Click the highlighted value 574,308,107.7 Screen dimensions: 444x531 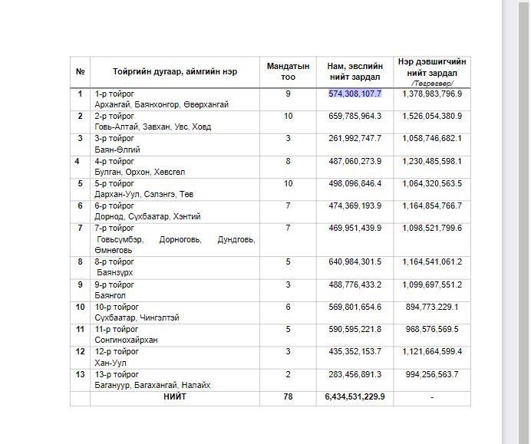tap(355, 94)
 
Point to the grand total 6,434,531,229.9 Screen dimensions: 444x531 tap(355, 397)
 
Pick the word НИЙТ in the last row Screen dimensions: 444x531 tap(174, 397)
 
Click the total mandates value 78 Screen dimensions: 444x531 tap(288, 397)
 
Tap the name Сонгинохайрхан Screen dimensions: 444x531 tap(126, 340)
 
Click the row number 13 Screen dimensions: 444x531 tap(80, 374)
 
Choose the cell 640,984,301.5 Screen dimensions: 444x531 tap(355, 261)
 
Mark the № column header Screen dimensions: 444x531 tap(80, 72)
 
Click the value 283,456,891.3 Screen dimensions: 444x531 tap(355, 374)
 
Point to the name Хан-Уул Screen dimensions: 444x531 tap(110, 362)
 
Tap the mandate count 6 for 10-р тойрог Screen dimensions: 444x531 tap(288, 307)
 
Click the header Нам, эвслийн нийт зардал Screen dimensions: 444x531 tap(355, 72)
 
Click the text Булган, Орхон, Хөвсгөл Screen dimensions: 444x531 tap(140, 173)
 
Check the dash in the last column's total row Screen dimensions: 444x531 tap(433, 397)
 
